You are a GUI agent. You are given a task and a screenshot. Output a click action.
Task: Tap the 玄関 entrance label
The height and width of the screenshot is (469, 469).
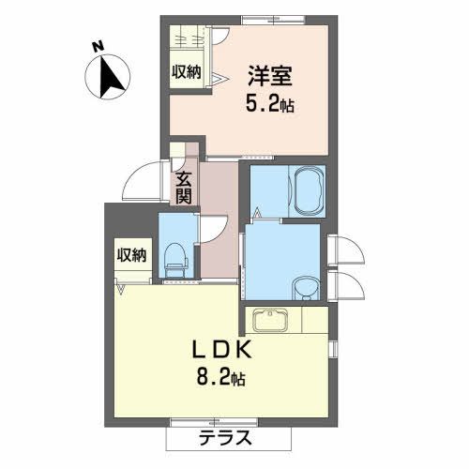coord(184,186)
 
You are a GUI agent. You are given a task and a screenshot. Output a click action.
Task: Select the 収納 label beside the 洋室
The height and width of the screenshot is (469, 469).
coord(186,72)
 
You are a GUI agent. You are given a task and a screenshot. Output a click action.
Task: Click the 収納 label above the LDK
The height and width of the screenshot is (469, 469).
coord(131,254)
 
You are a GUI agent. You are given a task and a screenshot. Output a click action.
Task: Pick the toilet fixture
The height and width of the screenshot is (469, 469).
coord(175,259)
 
